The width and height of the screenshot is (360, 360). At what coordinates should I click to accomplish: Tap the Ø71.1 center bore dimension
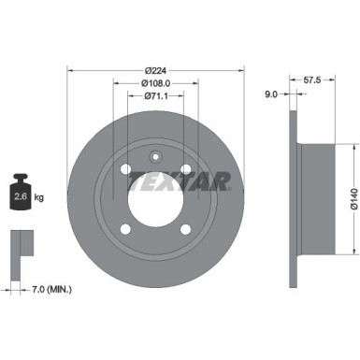click(x=155, y=94)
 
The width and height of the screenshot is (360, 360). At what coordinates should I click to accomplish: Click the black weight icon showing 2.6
click(x=21, y=194)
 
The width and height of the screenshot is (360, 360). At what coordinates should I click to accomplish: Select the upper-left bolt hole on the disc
click(x=125, y=168)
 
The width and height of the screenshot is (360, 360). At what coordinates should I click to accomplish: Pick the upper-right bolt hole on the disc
click(x=185, y=168)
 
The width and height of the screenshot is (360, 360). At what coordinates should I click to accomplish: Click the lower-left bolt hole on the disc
click(x=125, y=227)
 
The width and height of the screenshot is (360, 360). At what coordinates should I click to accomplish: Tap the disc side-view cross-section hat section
click(x=313, y=198)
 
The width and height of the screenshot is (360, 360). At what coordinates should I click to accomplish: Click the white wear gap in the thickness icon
click(x=26, y=245)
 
